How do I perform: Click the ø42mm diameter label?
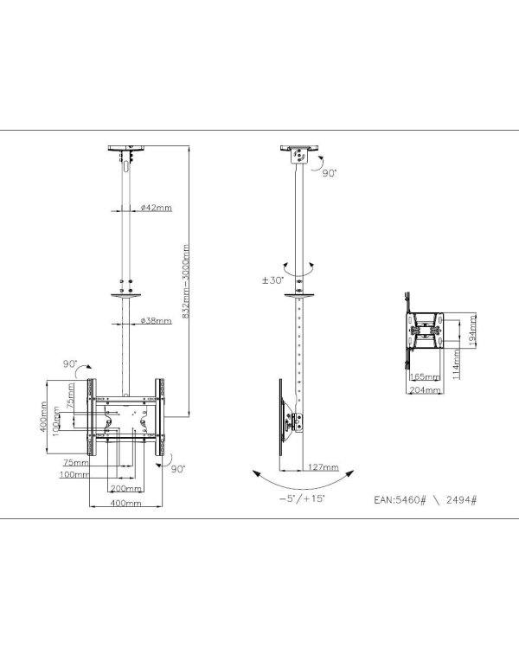156,208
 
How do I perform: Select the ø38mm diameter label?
156,320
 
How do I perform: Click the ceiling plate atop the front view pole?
125,149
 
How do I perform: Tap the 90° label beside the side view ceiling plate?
329,173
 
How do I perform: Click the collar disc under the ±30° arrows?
299,294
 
